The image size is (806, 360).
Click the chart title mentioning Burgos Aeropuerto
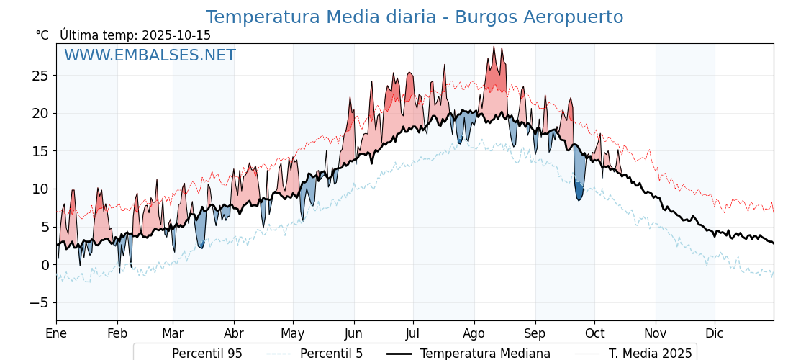pos(415,17)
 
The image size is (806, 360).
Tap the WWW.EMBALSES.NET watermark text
pos(150,55)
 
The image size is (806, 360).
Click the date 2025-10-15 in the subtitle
pos(176,35)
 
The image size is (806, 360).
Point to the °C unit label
pos(42,35)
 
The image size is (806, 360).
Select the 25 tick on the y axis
pos(40,76)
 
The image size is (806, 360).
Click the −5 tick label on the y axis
pos(39,302)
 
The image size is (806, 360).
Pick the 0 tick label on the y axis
pos(44,265)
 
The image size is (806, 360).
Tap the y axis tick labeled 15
pos(40,151)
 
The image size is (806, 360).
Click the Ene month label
pos(56,333)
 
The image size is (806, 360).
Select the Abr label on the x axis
pos(234,333)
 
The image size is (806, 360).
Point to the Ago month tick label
pos(474,333)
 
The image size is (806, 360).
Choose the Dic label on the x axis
pos(715,333)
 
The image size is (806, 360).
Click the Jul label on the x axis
pos(413,333)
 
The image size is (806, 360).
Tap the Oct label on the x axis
pos(594,333)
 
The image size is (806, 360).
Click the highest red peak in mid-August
pos(494,47)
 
